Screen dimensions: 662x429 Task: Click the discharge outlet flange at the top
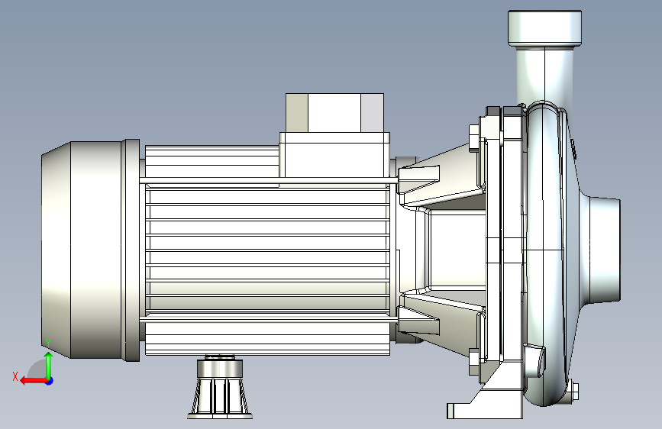point(544,28)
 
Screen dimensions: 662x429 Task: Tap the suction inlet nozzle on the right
point(605,250)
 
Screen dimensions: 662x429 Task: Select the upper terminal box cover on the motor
point(334,113)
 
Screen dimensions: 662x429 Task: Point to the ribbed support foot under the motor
point(220,388)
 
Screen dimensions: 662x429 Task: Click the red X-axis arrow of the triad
point(34,381)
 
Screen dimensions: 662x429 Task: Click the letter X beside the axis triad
point(15,376)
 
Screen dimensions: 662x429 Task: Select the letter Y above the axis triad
point(49,344)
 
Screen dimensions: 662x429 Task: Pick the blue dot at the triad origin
point(50,381)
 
